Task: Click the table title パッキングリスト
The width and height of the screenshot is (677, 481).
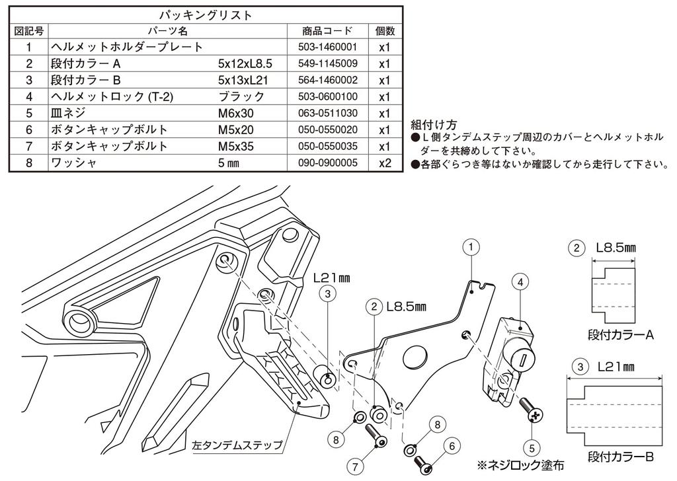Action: [206, 15]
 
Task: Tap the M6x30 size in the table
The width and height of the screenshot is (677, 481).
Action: [235, 113]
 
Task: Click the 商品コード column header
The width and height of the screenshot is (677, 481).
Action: [327, 31]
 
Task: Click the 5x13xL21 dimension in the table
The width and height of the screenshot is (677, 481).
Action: [245, 81]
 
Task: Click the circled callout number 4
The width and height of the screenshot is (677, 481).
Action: [521, 282]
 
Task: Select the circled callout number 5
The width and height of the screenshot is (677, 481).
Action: [532, 445]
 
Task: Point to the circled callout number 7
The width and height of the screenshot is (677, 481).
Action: [356, 466]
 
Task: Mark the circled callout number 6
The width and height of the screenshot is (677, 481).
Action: [452, 446]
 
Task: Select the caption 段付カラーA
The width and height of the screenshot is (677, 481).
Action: [621, 335]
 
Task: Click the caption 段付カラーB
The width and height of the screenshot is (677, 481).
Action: [621, 457]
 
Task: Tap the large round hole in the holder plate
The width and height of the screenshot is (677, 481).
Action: [415, 357]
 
